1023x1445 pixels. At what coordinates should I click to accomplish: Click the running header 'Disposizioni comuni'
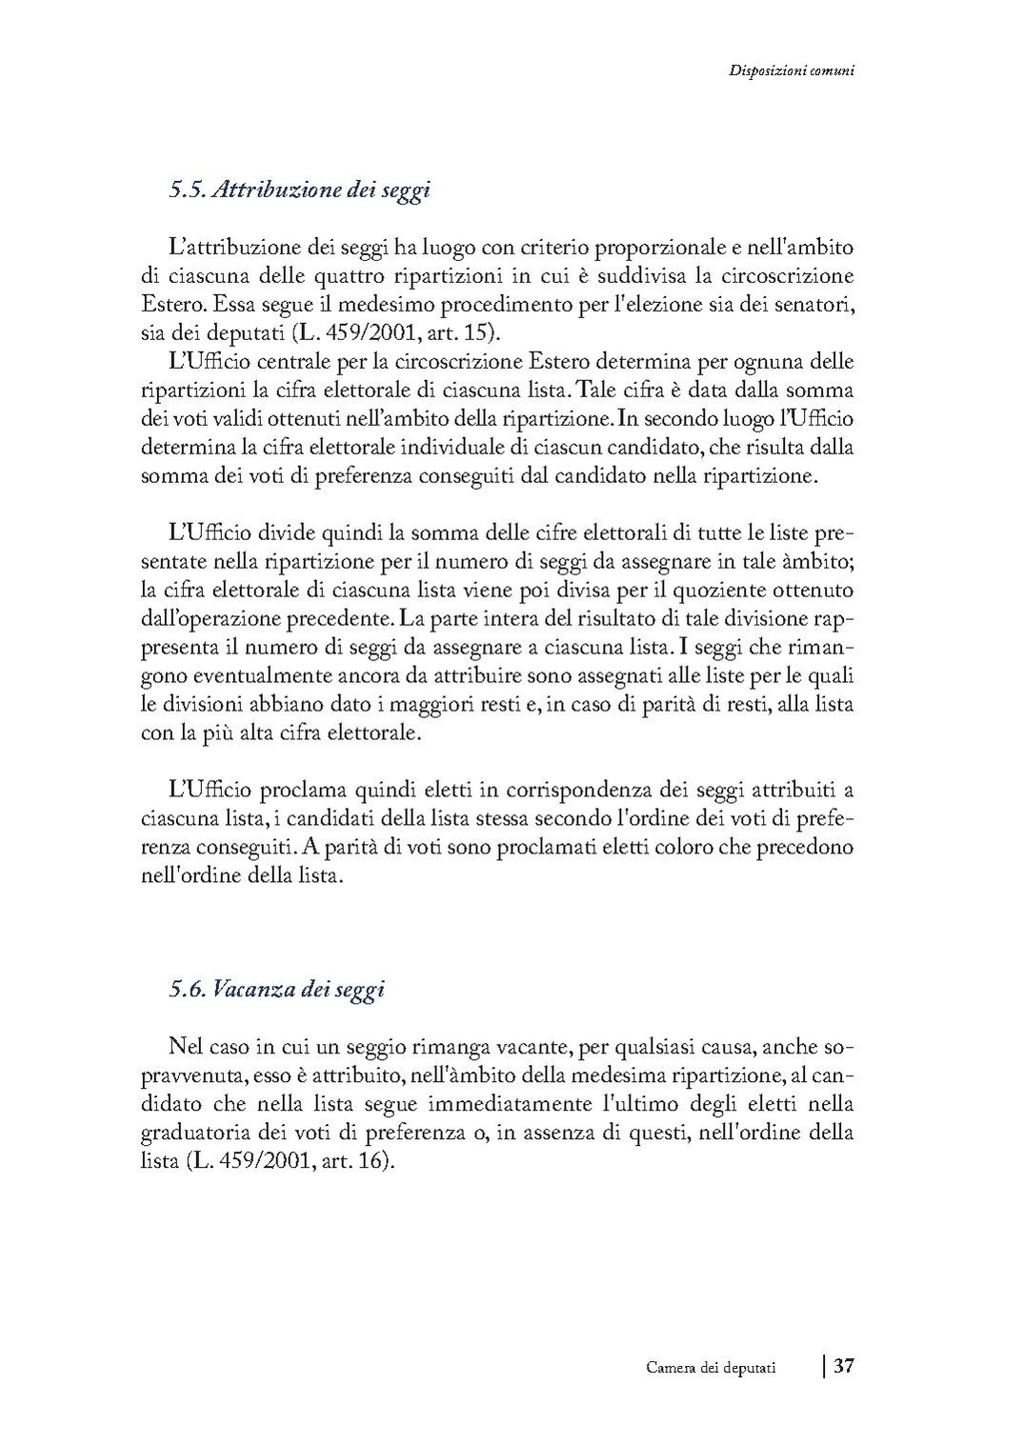[790, 70]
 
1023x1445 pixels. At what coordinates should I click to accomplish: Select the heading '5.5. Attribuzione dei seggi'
[300, 190]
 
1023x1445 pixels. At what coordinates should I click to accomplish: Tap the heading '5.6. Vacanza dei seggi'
[276, 989]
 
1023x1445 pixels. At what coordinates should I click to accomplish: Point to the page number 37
[844, 1366]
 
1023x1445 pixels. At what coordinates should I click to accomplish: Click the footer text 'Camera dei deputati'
[711, 1368]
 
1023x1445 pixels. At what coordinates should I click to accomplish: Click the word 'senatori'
[815, 306]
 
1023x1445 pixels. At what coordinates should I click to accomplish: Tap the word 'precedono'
[805, 847]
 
